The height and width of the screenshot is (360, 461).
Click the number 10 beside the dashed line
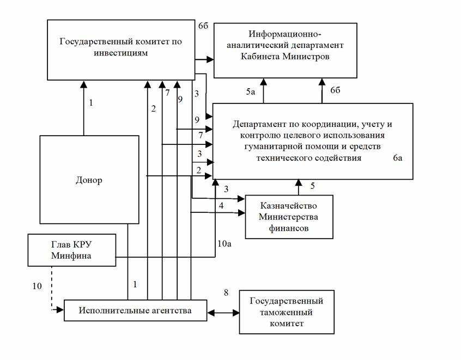[37, 286]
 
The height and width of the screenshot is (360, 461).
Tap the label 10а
[225, 243]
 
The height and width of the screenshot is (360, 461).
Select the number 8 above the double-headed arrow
[226, 292]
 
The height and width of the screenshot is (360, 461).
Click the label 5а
[251, 92]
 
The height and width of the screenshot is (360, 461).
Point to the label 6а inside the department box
[397, 158]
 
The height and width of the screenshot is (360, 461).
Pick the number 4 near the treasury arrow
[221, 205]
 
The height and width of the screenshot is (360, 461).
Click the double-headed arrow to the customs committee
[223, 313]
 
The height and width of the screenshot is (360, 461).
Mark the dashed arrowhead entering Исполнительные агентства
[60, 309]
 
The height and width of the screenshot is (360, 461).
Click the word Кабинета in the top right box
[260, 56]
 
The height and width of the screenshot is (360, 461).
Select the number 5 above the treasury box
[313, 186]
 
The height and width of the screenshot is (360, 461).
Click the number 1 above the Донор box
[91, 102]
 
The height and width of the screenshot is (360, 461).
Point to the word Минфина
[71, 255]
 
